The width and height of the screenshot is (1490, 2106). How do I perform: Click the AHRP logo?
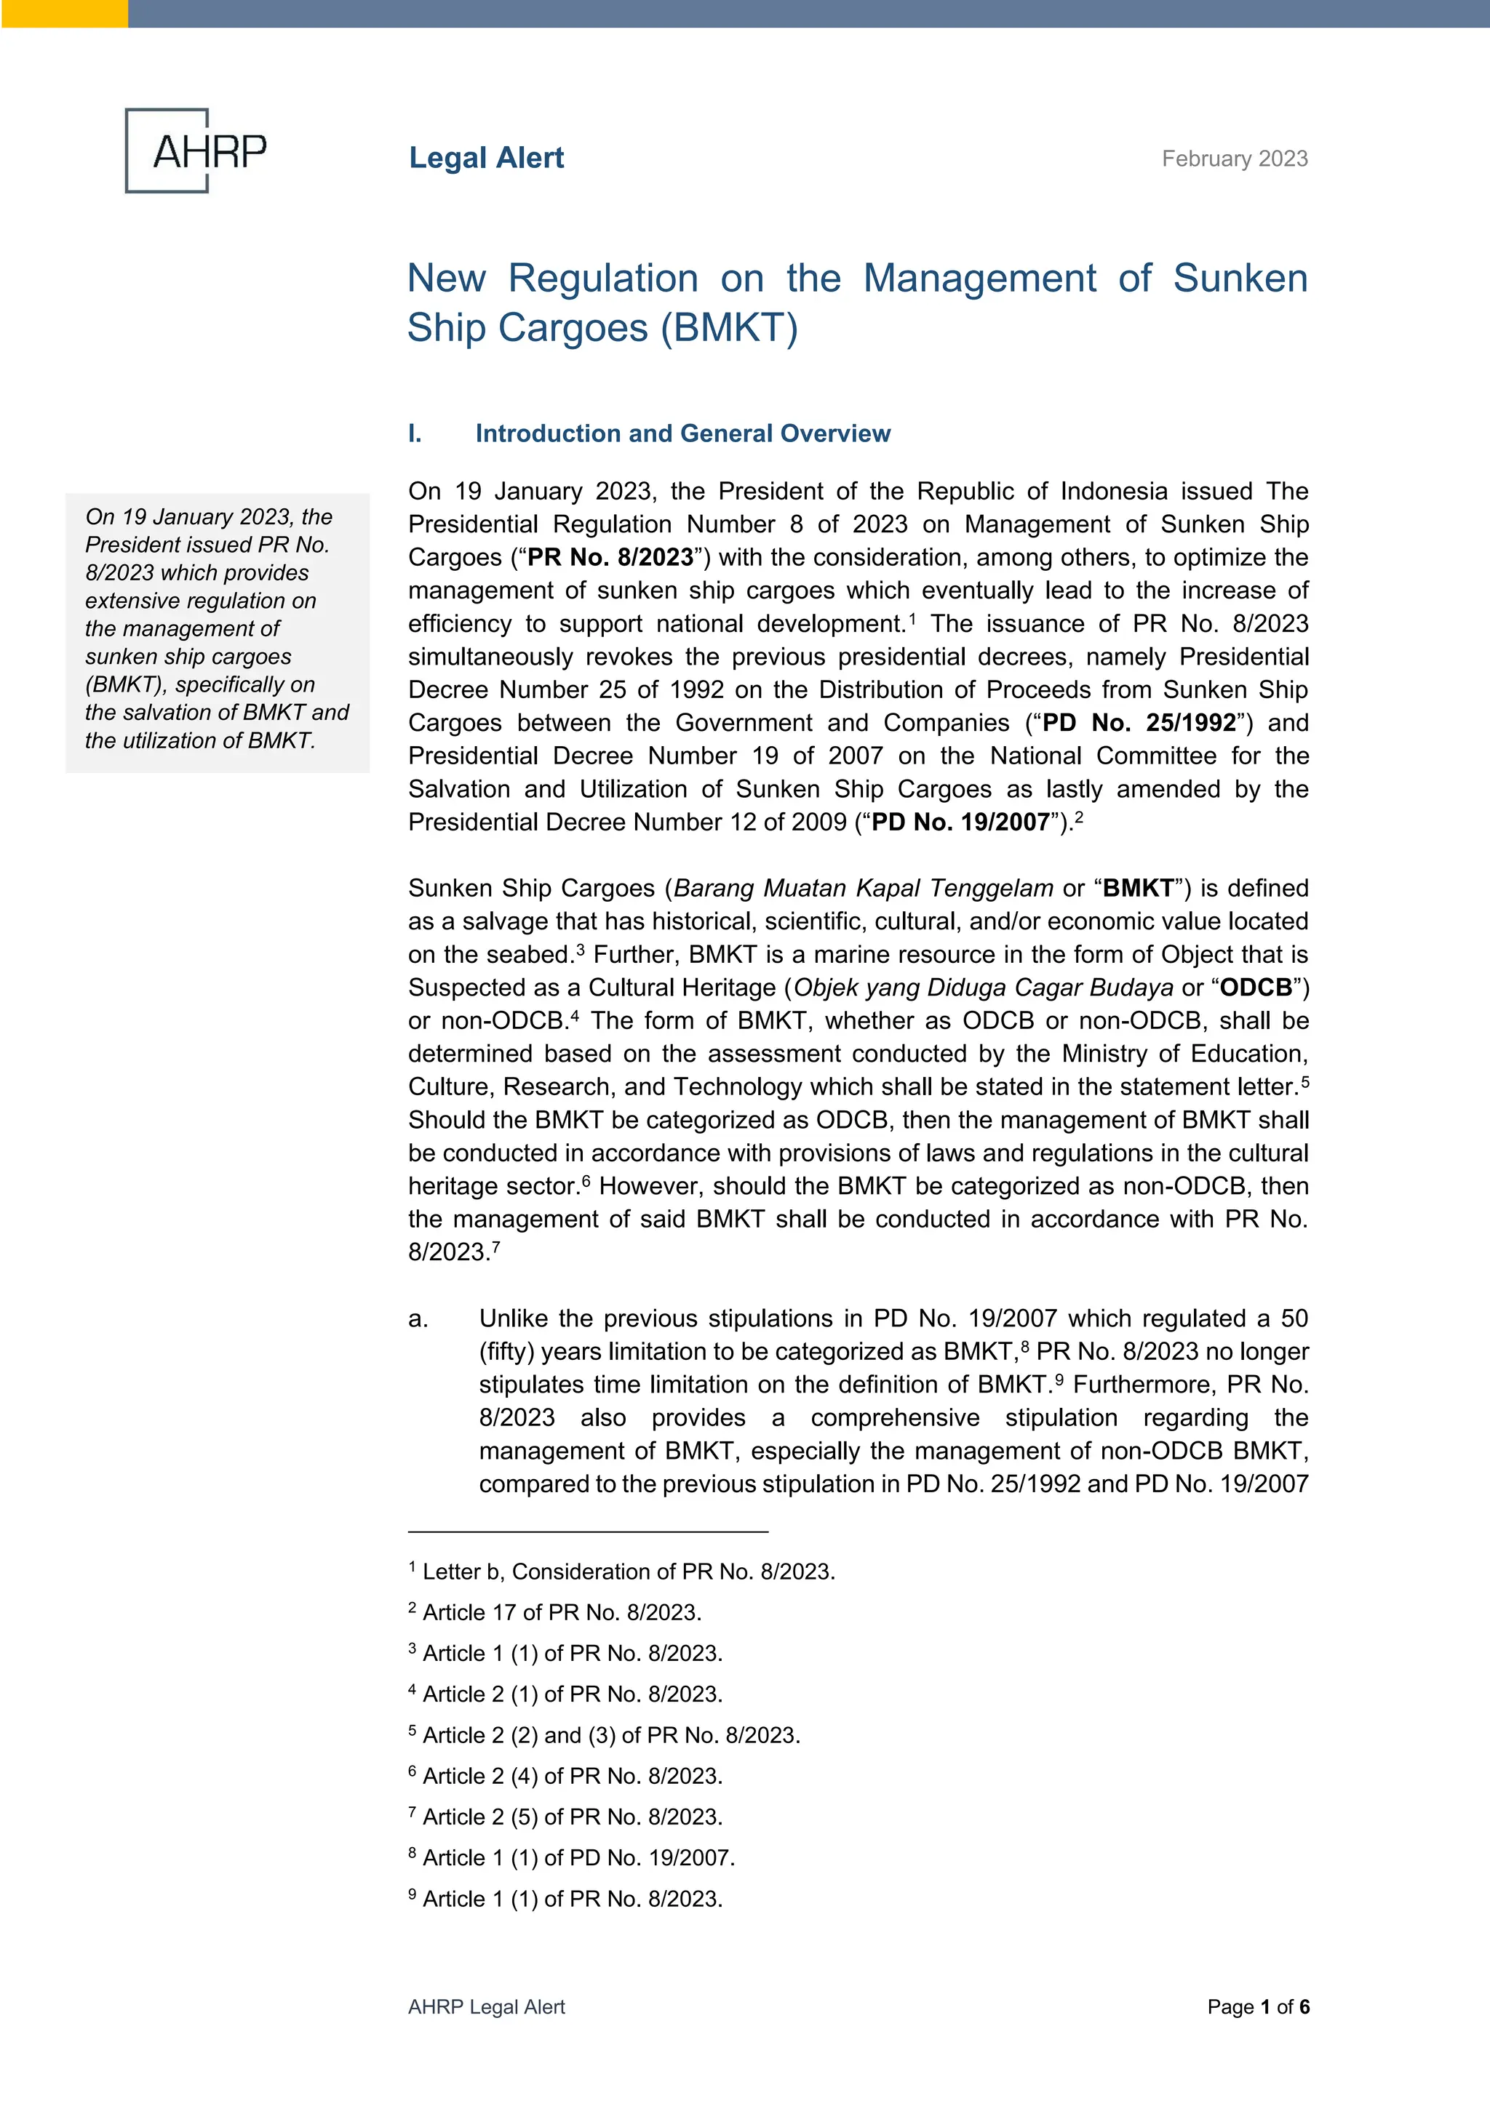point(196,151)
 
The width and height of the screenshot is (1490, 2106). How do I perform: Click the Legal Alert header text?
point(486,158)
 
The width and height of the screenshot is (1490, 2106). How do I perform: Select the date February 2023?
point(1234,159)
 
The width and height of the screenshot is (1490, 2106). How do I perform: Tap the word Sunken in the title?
point(1240,278)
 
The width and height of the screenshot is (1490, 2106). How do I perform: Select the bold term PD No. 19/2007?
point(960,822)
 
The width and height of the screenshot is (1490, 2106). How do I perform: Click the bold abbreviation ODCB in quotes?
point(1255,987)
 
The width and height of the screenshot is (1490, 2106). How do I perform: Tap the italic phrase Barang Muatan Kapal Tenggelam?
point(862,888)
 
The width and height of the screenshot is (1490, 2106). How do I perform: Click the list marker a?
point(418,1318)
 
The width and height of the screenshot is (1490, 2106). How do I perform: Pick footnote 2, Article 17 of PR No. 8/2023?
point(555,1611)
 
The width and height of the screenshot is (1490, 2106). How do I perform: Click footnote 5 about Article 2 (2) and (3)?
point(605,1734)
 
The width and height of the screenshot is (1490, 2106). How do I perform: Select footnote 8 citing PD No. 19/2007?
point(572,1857)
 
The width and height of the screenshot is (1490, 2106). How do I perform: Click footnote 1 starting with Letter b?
point(622,1572)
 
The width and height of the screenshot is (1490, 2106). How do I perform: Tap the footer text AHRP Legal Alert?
point(486,2007)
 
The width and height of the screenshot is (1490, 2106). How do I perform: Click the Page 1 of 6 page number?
point(1258,2007)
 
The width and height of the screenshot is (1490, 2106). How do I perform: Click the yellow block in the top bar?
point(64,13)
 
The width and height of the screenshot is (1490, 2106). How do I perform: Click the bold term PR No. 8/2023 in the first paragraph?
point(610,558)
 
